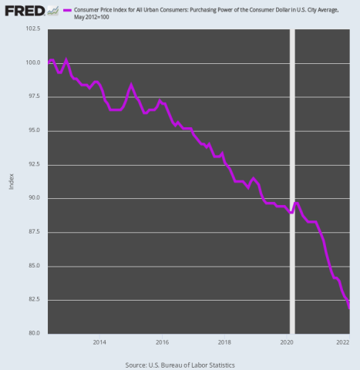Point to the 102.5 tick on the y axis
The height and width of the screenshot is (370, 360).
coord(32,29)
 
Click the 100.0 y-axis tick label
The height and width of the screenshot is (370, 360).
coord(32,63)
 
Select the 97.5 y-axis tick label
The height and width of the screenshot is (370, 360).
coord(34,97)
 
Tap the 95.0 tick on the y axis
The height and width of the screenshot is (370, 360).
coord(34,131)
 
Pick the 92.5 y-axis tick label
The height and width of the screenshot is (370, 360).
coord(34,165)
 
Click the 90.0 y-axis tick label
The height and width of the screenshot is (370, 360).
coord(34,199)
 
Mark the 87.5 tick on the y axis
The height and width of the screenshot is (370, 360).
coord(34,233)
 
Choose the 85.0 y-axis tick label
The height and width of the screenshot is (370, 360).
coord(34,267)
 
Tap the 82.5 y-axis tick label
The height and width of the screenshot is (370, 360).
coord(34,301)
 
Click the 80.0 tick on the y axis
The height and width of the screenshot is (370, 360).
coord(34,335)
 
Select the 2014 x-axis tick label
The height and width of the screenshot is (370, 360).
coord(99,341)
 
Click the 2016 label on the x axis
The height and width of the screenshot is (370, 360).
coord(162,341)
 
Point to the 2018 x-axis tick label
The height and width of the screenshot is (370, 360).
coord(224,341)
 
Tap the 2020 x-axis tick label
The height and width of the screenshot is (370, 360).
coord(286,341)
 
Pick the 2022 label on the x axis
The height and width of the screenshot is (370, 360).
coord(344,341)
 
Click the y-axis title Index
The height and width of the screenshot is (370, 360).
coord(10,183)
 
